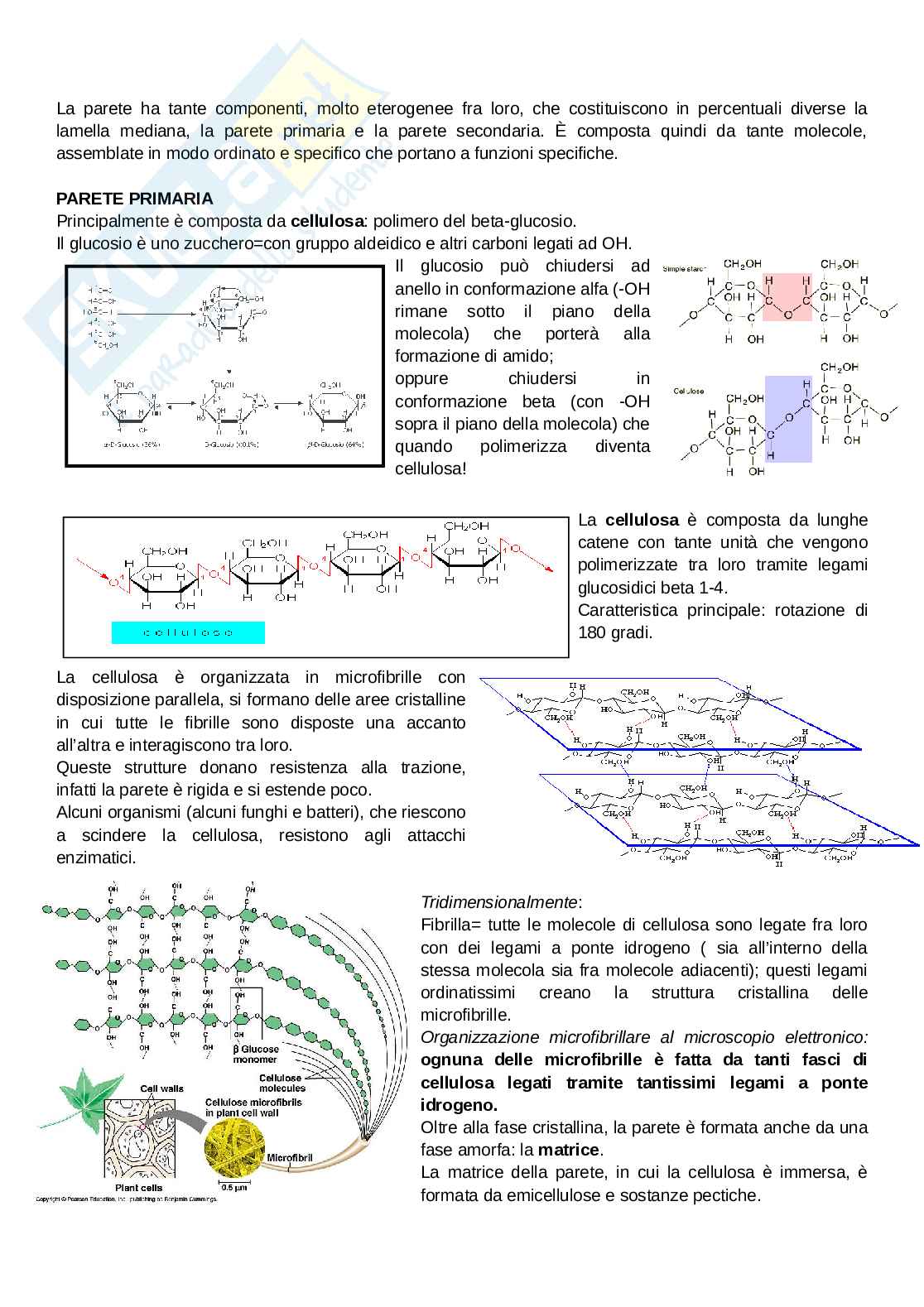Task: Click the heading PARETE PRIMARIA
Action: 134,199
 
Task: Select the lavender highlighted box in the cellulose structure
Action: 787,418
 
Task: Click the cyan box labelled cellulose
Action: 188,633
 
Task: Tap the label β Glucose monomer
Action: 256,1054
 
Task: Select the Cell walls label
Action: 161,1088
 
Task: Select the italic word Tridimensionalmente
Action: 499,902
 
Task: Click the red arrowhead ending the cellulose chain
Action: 549,569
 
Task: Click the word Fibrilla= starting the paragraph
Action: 452,925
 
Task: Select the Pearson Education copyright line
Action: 126,1198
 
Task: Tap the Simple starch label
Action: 684,268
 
